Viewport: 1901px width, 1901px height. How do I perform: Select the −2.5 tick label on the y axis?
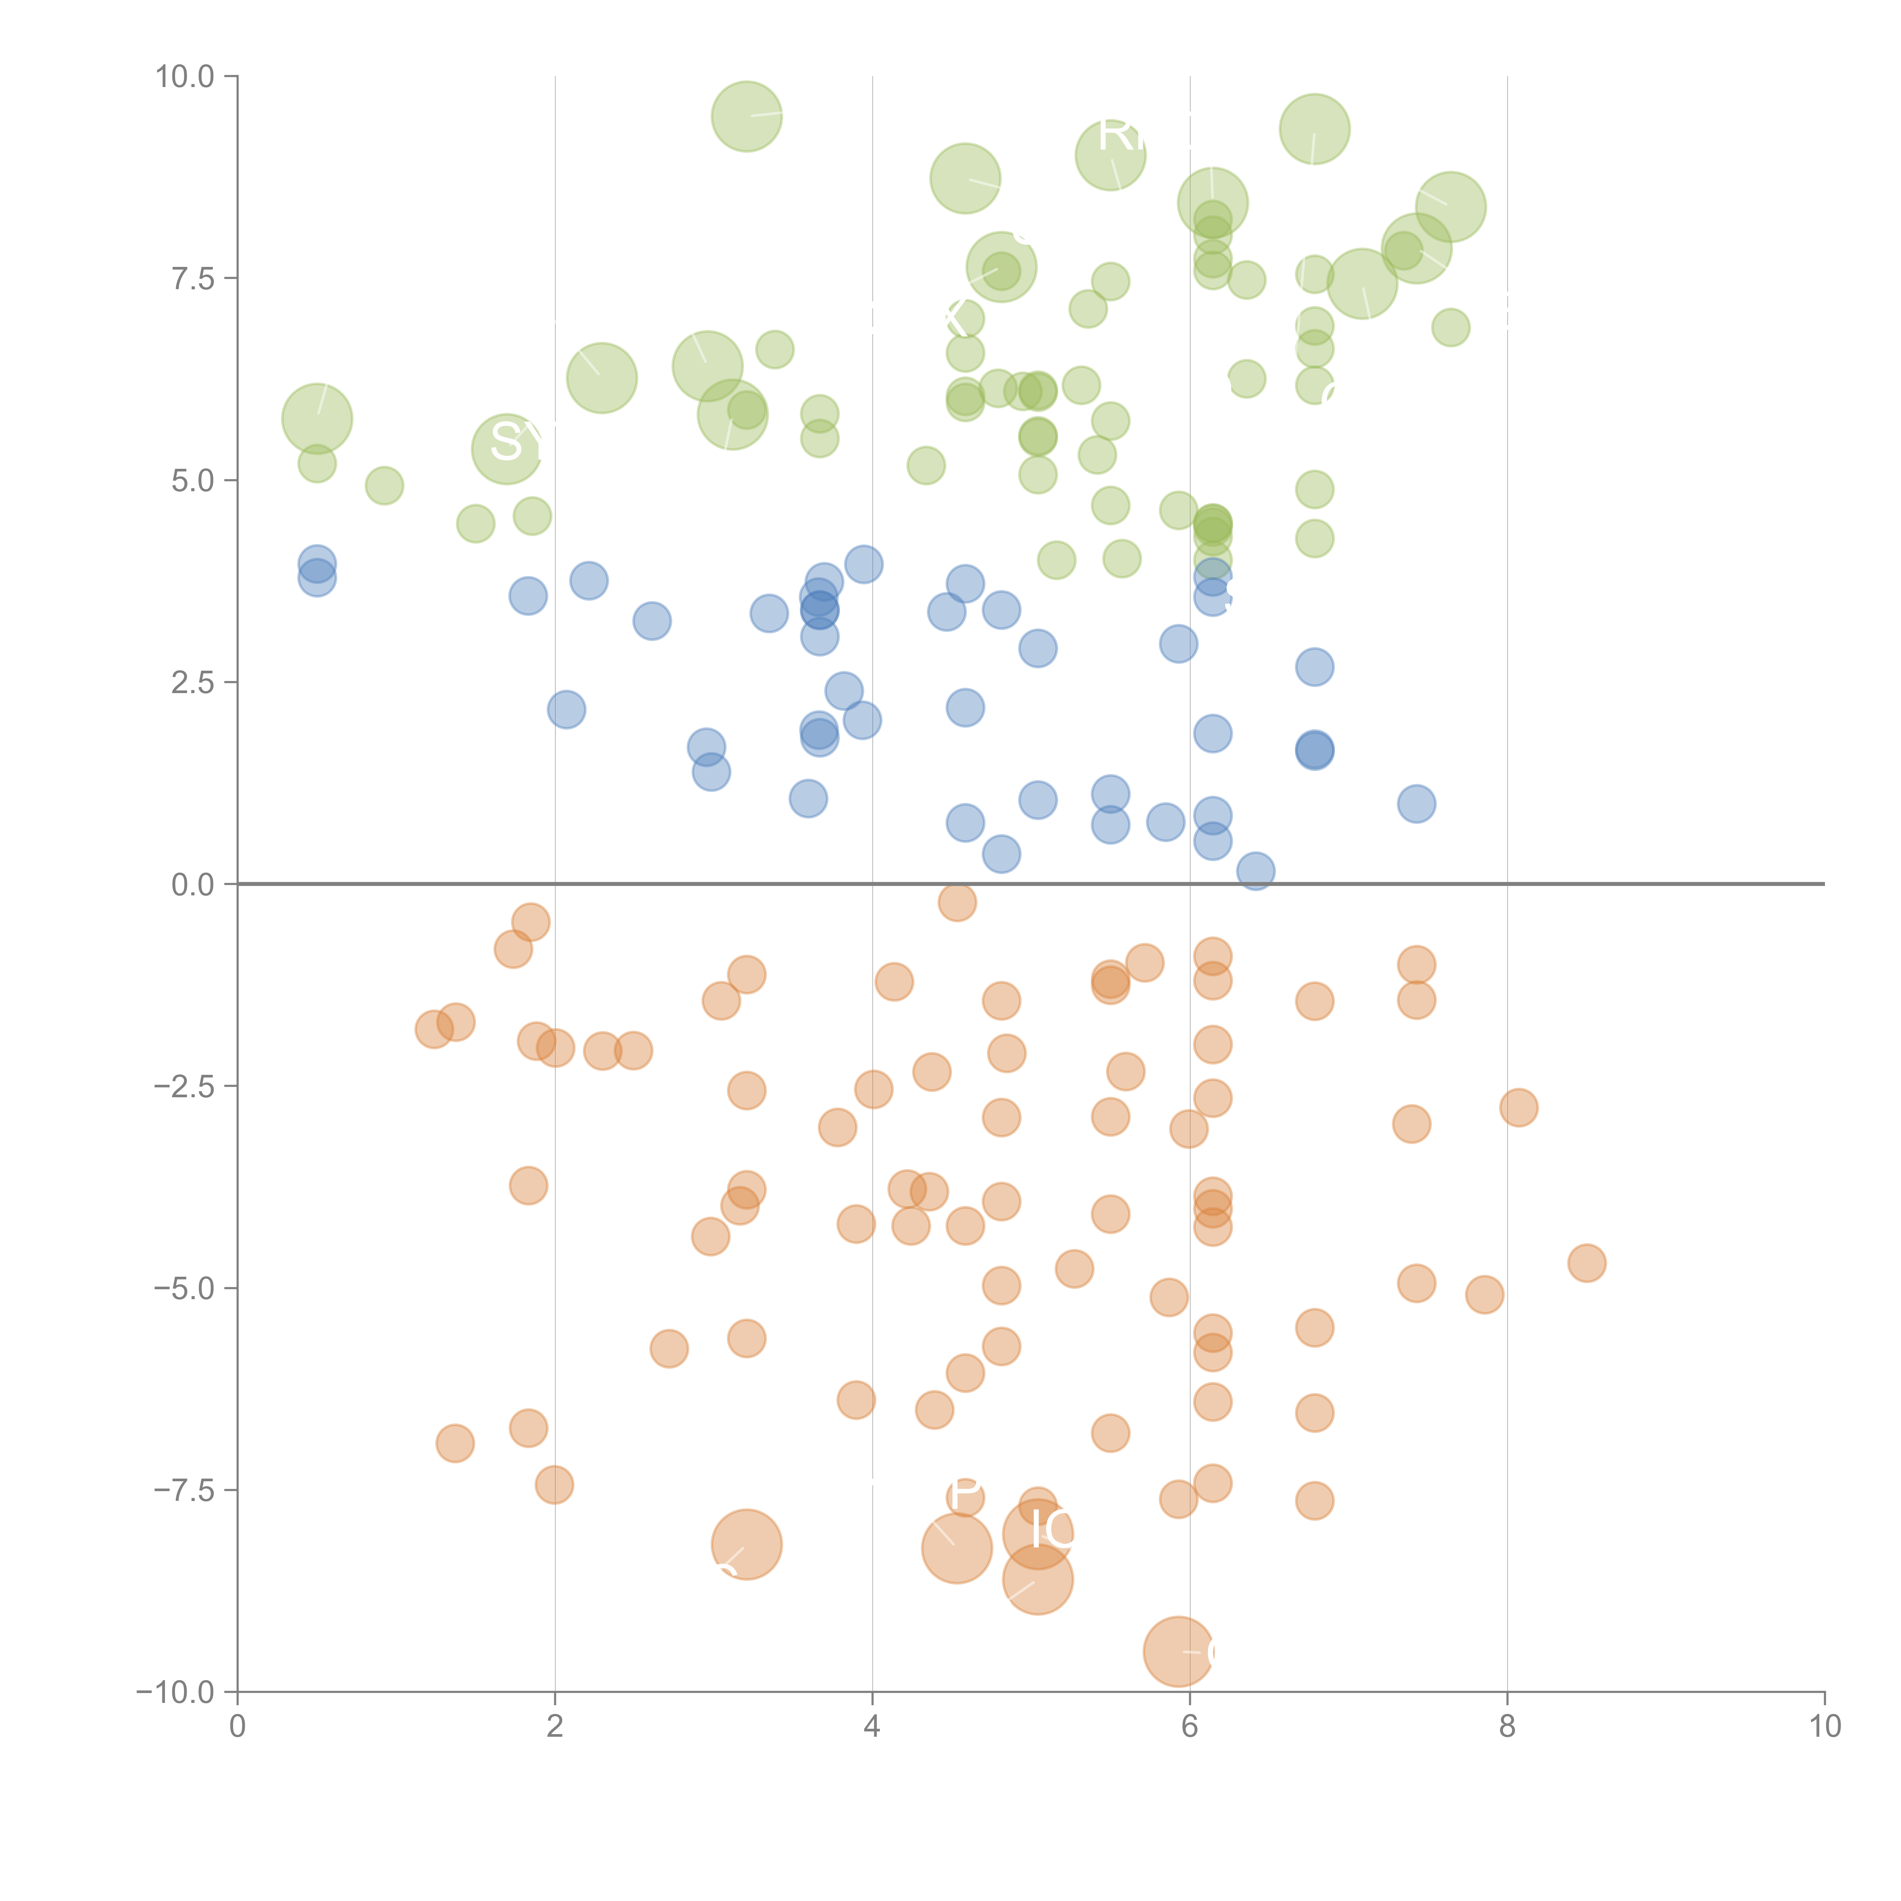184,1086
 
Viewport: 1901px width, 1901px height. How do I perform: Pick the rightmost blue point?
1416,804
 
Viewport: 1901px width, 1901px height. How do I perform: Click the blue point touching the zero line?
1255,871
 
